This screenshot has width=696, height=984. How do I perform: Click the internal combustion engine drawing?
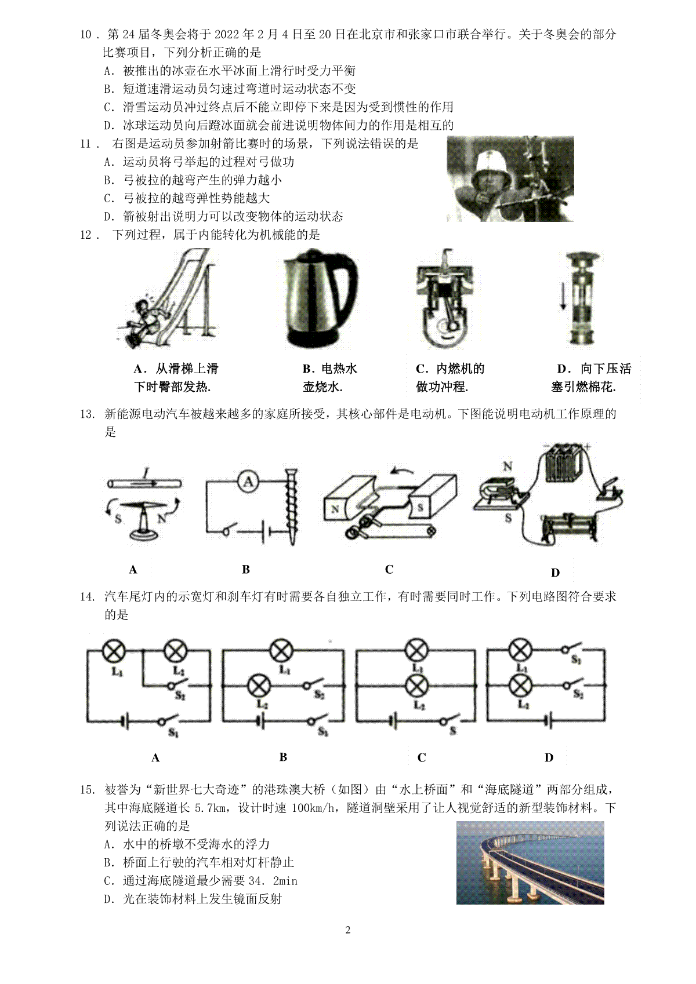pos(445,298)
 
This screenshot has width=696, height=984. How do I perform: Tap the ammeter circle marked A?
pos(249,482)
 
